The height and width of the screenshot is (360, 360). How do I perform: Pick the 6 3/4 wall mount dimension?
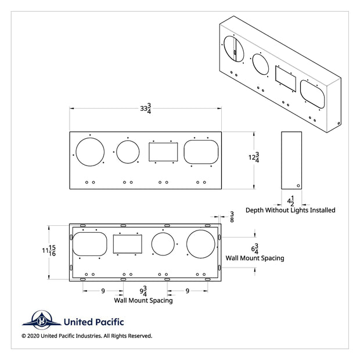click(254, 249)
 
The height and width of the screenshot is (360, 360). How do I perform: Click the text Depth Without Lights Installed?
click(290, 210)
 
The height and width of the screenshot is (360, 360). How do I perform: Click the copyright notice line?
click(87, 336)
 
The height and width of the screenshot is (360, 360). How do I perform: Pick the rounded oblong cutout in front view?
click(201, 152)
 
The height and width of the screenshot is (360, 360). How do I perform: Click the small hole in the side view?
click(298, 186)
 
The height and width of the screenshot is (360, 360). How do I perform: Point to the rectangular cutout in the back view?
click(127, 244)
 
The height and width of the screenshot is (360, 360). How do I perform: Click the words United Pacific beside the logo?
click(93, 322)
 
